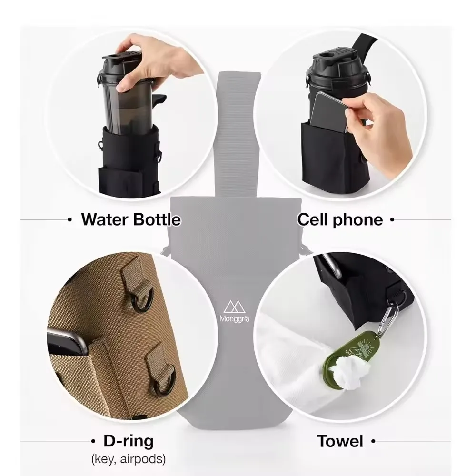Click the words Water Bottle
[x=131, y=219]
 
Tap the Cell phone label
[x=340, y=219]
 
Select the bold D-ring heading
[x=129, y=441]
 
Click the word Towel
[x=340, y=441]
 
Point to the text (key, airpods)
[x=129, y=459]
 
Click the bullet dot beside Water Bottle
[x=70, y=220]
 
